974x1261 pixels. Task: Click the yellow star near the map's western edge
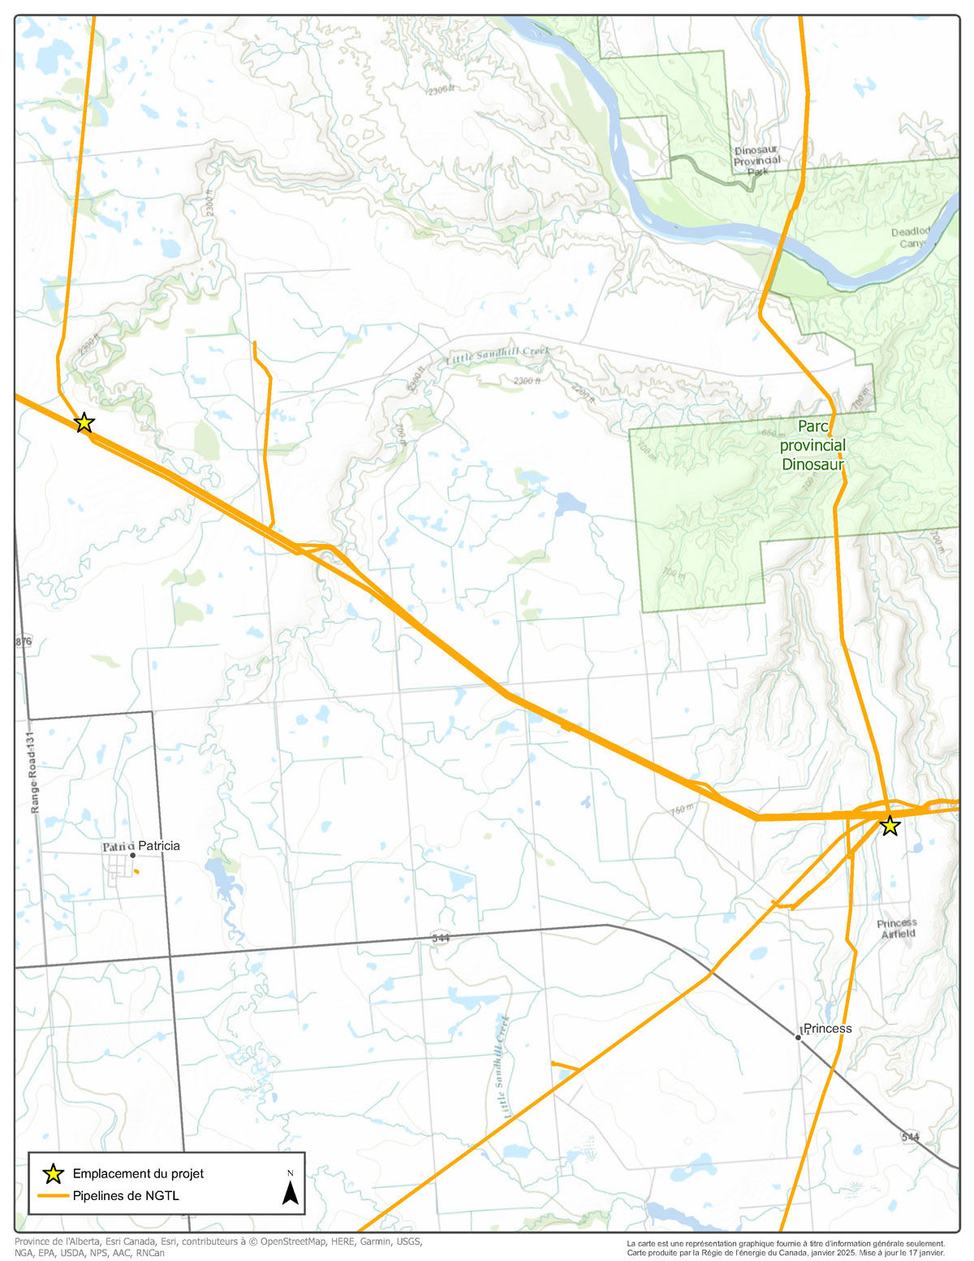84,423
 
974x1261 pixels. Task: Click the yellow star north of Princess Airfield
890,826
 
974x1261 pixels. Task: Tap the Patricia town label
159,846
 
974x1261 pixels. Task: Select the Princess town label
828,1029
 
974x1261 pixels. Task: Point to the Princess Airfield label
897,928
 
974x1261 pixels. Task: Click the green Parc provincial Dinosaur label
812,446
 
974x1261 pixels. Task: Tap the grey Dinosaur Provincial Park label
756,161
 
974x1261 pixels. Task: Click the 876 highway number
24,641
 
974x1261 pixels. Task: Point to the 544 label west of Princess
441,938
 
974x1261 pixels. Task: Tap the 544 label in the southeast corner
910,1137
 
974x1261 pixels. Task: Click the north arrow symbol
290,1190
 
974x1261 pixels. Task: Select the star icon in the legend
53,1173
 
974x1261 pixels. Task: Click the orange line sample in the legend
53,1196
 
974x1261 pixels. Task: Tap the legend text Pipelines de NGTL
126,1196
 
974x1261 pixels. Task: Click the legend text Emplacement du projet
138,1173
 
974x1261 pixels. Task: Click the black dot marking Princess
799,1037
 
